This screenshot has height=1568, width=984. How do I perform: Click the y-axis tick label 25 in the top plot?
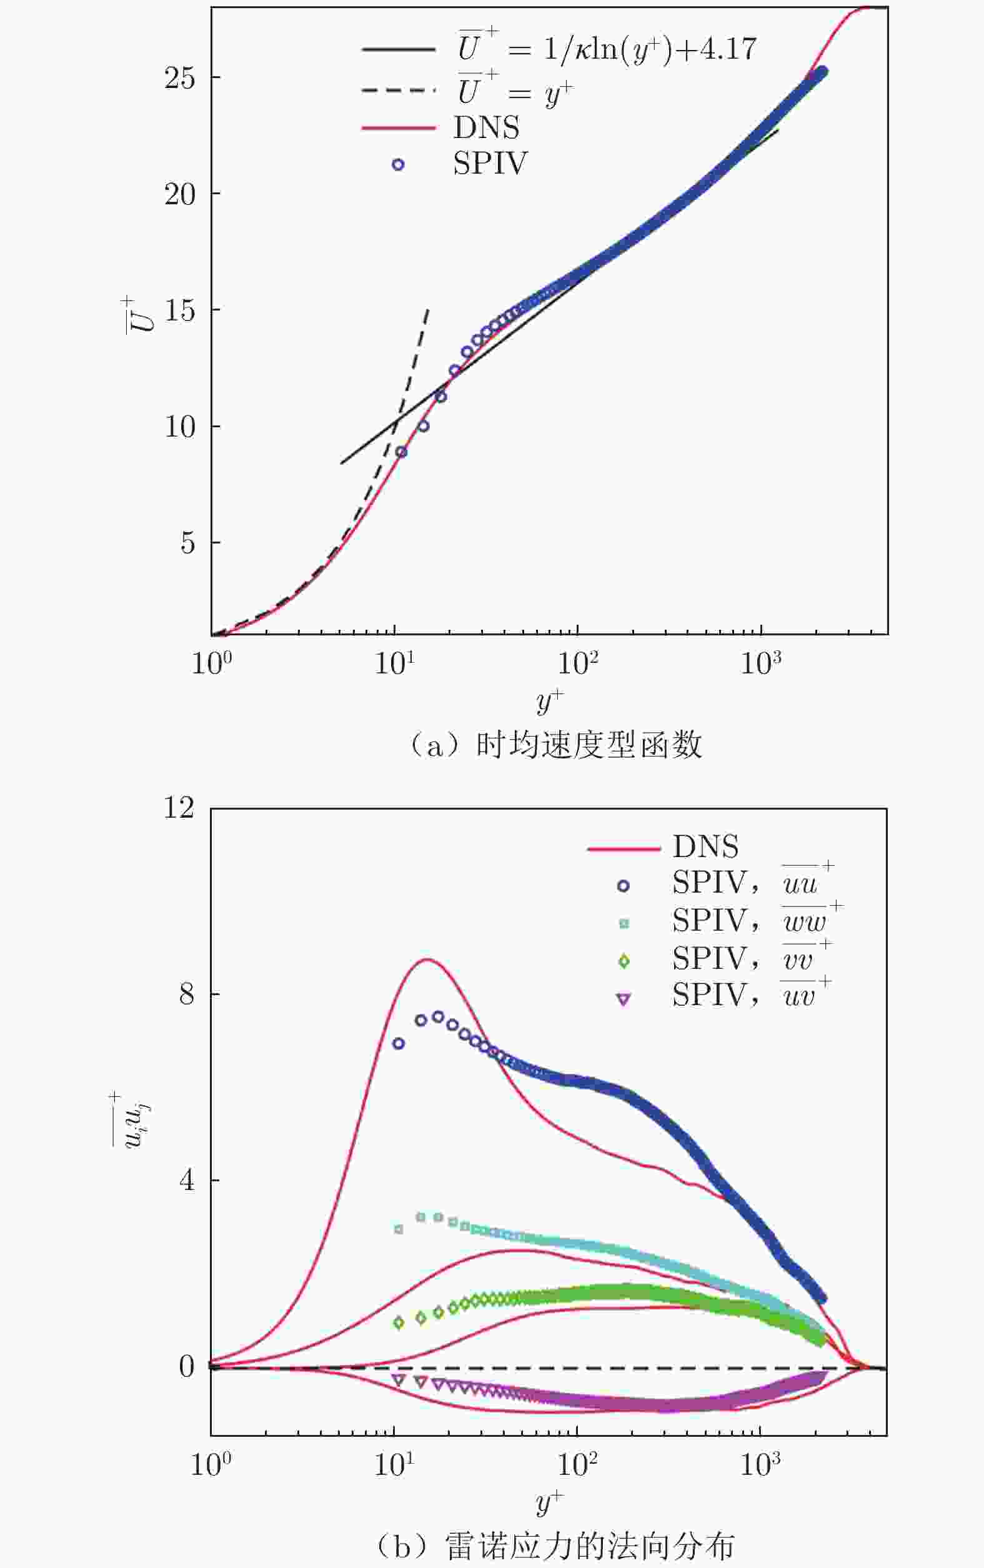[x=180, y=78]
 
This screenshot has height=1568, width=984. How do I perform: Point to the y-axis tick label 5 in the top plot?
[x=187, y=543]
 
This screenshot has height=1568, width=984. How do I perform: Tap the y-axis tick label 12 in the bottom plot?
[x=180, y=808]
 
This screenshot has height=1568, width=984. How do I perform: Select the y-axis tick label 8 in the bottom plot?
[x=187, y=994]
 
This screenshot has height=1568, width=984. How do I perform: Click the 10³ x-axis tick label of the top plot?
[x=760, y=663]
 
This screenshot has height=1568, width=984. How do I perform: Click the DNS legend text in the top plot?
[x=486, y=127]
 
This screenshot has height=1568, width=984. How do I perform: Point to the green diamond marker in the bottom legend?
[x=624, y=961]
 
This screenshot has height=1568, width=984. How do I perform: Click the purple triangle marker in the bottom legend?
[x=624, y=1000]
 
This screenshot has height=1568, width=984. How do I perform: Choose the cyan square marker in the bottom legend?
[x=624, y=923]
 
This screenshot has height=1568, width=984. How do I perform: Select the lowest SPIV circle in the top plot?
[x=401, y=452]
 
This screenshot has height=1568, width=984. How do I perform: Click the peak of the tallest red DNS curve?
[x=426, y=960]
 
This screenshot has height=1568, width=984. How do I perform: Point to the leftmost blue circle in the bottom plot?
[x=399, y=1044]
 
